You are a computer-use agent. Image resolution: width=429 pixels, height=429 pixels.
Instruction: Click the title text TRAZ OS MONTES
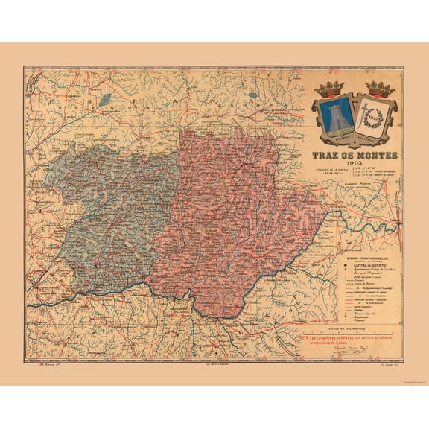pos(355,156)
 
